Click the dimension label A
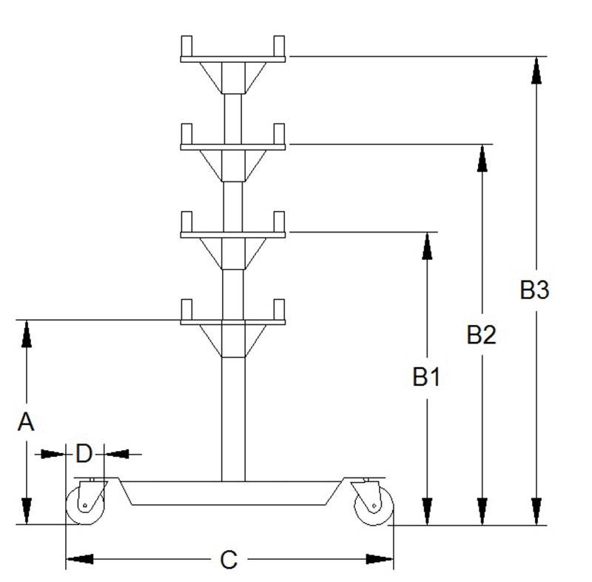tap(26, 421)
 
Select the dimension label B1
tap(427, 377)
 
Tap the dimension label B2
tap(482, 334)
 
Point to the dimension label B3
tap(534, 290)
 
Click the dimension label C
tap(229, 559)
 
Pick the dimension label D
tap(84, 453)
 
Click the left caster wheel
tap(85, 505)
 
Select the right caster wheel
tap(374, 505)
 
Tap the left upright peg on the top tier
tap(186, 46)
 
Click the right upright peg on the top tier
tap(279, 46)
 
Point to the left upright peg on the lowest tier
tap(186, 310)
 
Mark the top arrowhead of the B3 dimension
tap(536, 70)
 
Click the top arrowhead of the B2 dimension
tap(482, 158)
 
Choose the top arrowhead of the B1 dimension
tap(427, 246)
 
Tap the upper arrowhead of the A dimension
tap(26, 333)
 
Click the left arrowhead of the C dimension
tap(80, 559)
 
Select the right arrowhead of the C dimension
tap(380, 559)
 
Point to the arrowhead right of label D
tap(118, 454)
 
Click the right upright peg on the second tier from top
tap(279, 134)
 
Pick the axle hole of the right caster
tap(374, 505)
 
